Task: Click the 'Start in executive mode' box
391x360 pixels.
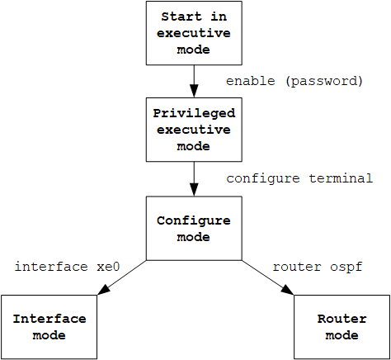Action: coord(194,33)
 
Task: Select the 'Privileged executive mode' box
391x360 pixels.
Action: coord(194,130)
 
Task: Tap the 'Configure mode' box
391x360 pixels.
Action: coord(194,228)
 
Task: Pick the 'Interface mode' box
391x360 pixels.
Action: coord(49,327)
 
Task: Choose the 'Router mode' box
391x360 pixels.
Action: coord(342,327)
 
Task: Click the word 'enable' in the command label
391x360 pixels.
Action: coord(251,81)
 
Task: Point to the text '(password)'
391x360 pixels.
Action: coord(324,82)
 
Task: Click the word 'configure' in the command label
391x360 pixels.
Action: coord(263,179)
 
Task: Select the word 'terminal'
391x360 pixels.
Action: coord(341,178)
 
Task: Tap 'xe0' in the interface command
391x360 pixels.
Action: coord(108,267)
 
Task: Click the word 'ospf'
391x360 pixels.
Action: coord(346,268)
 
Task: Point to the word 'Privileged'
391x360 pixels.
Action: coord(194,114)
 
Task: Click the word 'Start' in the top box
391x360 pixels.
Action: coord(181,17)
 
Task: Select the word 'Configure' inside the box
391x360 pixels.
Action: coord(194,221)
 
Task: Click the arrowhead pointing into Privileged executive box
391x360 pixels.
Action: coord(194,91)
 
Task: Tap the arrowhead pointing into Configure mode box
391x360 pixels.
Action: coord(194,190)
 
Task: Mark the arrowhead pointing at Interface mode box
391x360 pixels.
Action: coord(104,290)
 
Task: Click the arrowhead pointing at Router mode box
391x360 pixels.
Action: coord(287,290)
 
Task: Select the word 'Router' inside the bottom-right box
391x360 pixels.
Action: coord(342,319)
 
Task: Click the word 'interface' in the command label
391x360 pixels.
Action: coord(51,267)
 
